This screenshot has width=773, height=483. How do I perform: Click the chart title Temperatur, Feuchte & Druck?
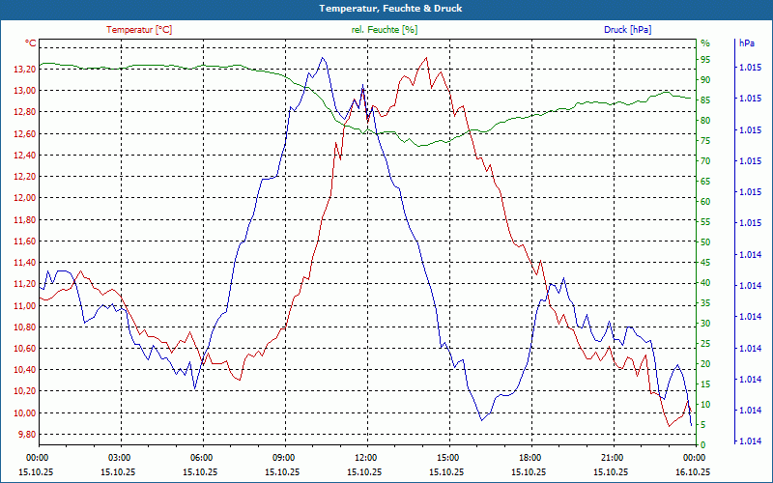tap(386, 8)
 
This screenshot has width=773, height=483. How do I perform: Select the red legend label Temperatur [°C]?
tap(139, 30)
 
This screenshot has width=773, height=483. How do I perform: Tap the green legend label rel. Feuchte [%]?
tap(385, 30)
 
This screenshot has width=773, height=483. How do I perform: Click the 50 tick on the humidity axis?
tap(705, 242)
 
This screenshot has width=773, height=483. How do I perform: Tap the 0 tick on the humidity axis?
tap(703, 445)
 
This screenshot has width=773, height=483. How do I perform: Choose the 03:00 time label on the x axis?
tap(119, 457)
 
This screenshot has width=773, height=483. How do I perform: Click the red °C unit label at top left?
tap(31, 43)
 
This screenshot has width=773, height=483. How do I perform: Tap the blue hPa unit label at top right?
tap(747, 43)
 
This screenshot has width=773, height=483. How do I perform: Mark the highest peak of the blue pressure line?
tap(322, 58)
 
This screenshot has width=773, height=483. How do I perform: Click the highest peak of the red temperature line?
tap(426, 58)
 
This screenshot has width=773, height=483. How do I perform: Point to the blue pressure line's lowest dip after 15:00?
tap(481, 420)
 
